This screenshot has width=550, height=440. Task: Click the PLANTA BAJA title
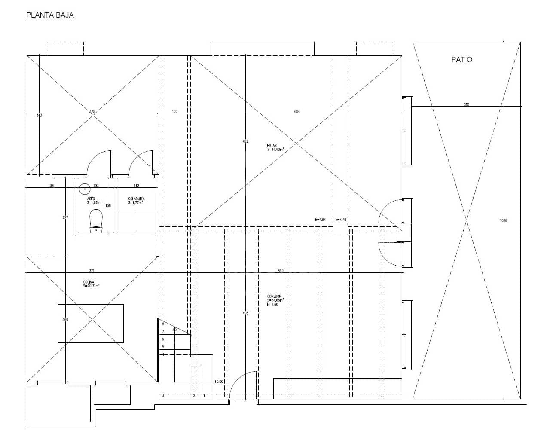point(50,15)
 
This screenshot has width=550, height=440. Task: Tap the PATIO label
point(461,60)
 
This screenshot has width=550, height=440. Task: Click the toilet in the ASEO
point(95,220)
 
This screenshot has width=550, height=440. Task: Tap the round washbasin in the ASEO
point(85,188)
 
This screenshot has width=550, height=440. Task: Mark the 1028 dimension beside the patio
point(504,220)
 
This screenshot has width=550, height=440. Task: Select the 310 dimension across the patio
point(466,104)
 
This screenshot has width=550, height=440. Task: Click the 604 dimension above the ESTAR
point(297,112)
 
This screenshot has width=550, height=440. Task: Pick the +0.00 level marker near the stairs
point(218,382)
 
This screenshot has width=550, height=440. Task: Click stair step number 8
point(163,324)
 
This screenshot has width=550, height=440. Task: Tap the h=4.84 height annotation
point(321,220)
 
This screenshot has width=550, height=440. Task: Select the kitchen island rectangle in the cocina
point(91,323)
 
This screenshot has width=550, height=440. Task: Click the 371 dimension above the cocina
point(92,271)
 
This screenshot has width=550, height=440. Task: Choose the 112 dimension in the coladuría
point(136,186)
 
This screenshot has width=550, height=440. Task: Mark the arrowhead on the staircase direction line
point(174,329)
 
